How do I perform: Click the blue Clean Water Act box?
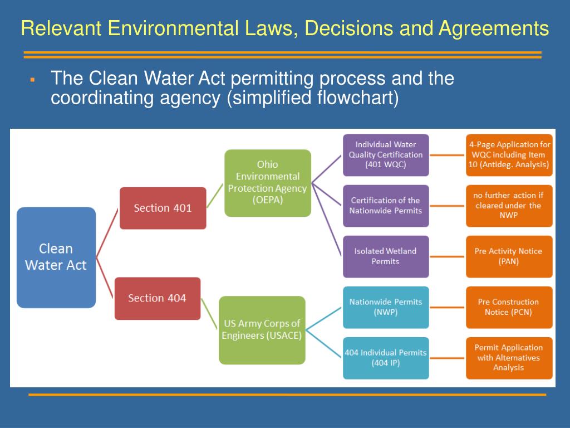(x=56, y=257)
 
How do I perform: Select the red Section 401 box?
(x=163, y=208)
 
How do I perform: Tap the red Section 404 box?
(x=157, y=298)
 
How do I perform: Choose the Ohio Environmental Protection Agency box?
(x=267, y=183)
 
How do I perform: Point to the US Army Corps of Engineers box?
(x=262, y=330)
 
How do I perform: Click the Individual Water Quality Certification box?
(x=386, y=155)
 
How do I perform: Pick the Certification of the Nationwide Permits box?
(x=386, y=206)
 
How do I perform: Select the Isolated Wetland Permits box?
(x=386, y=256)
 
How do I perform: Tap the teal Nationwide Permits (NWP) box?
(x=386, y=307)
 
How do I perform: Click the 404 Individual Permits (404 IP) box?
(x=386, y=358)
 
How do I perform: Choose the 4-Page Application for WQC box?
(x=509, y=155)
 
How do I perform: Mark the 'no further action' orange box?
(x=509, y=206)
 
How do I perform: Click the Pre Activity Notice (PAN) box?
(x=509, y=256)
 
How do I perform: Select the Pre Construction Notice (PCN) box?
(x=509, y=307)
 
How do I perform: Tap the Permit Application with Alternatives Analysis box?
(x=509, y=358)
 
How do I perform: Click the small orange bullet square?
(x=33, y=81)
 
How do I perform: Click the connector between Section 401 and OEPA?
(x=215, y=198)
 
